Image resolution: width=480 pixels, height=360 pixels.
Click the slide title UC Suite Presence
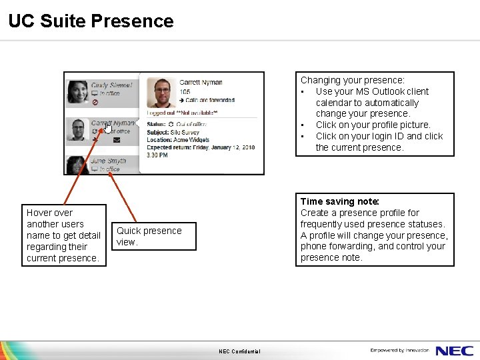click(91, 21)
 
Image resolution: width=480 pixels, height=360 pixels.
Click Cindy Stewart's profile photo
click(79, 91)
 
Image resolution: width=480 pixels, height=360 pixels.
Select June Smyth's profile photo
click(79, 164)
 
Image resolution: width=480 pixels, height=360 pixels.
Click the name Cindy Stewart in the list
click(112, 85)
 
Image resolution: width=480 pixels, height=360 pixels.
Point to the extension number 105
click(185, 91)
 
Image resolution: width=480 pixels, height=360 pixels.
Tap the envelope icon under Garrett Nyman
click(117, 140)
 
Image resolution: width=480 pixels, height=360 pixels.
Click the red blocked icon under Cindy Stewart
click(95, 102)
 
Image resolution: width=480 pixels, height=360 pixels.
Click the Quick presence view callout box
click(153, 236)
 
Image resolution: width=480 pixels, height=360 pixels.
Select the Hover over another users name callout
click(64, 235)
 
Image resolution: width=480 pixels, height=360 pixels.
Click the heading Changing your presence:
click(353, 80)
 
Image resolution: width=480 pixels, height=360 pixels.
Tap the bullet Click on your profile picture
click(373, 125)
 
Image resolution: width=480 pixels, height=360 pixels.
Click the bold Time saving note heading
click(340, 201)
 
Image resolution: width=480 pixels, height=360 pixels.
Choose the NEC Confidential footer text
click(239, 351)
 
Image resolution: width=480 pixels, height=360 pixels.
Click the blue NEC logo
click(455, 351)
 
